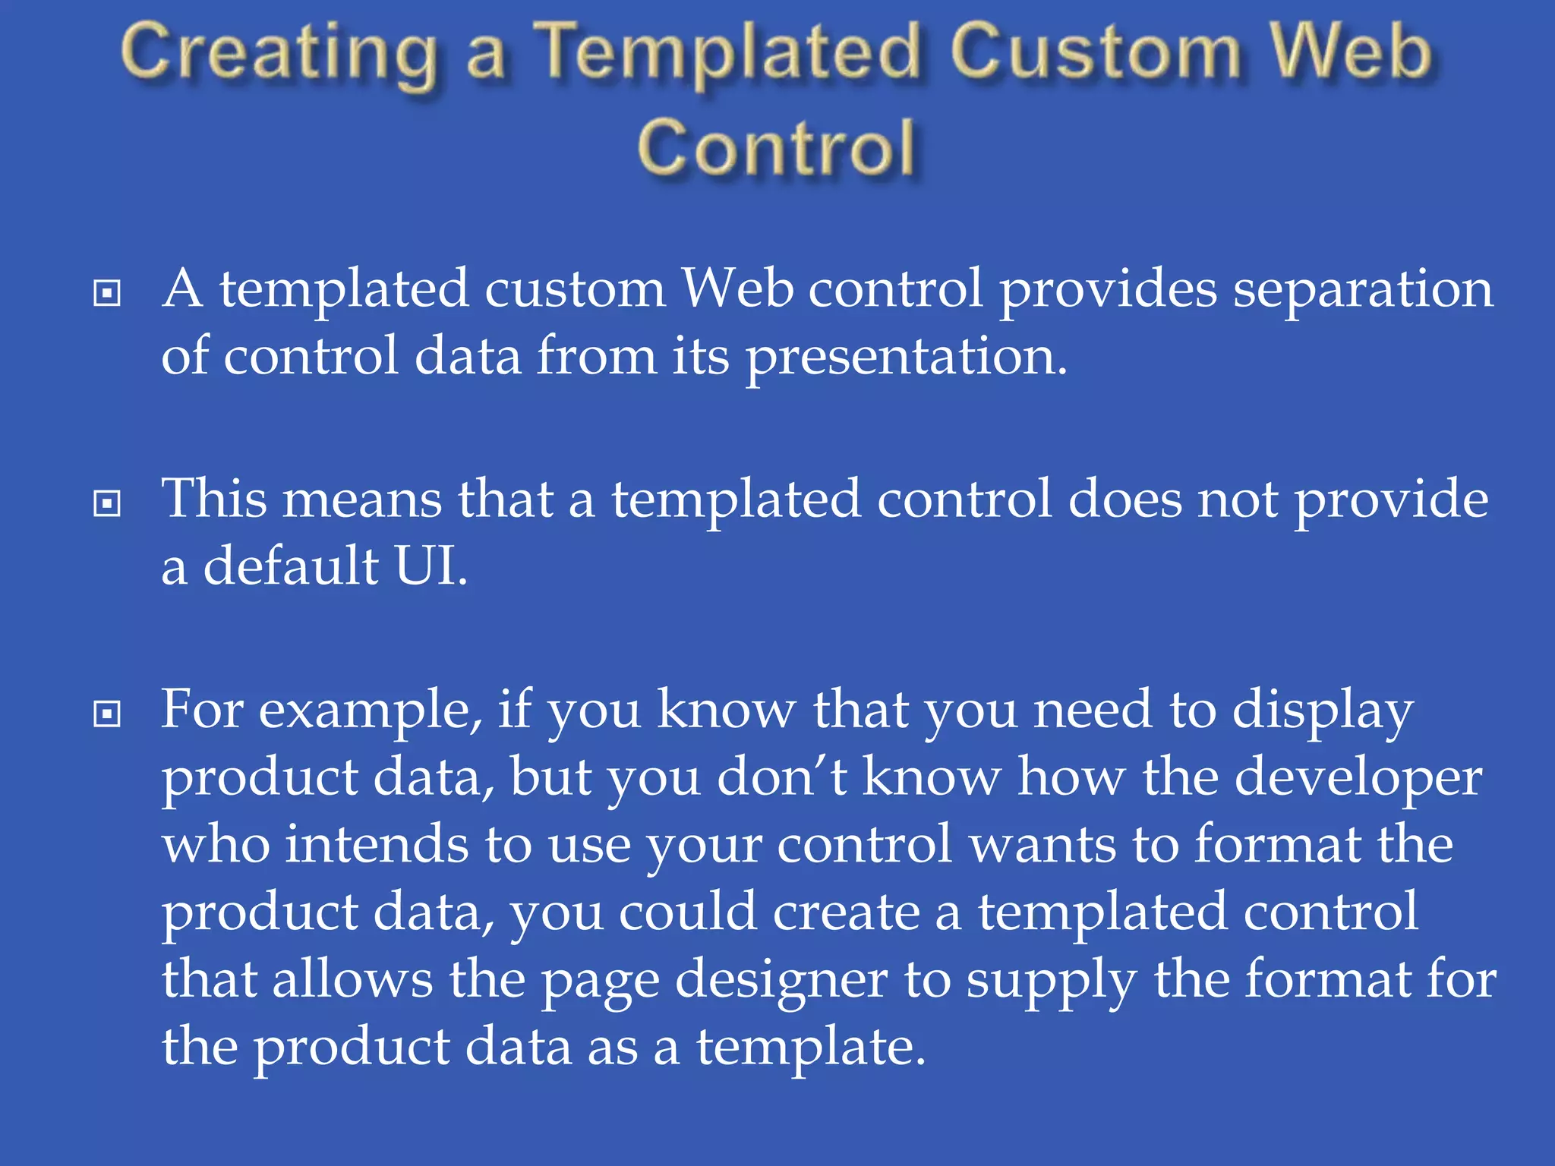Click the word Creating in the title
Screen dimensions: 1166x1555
279,55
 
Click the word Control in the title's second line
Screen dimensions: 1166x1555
777,149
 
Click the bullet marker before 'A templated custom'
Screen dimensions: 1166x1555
106,293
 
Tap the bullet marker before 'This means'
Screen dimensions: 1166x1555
106,503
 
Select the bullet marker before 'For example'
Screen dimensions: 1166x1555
106,713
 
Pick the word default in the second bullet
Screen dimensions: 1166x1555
291,566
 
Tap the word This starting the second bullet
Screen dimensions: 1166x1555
215,500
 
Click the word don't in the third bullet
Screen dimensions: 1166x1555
781,779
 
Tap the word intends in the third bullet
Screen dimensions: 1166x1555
377,846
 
